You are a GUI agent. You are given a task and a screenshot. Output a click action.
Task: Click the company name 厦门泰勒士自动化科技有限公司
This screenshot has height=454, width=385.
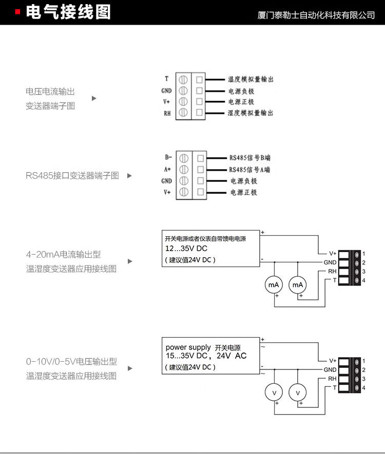pyautogui.click(x=316, y=15)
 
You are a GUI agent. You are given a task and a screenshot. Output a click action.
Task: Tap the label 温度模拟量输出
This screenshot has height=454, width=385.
pyautogui.click(x=251, y=79)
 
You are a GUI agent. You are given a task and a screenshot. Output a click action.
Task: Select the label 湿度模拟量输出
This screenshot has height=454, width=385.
pyautogui.click(x=251, y=113)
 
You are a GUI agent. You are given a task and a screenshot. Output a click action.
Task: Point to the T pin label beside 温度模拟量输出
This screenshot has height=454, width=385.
pyautogui.click(x=166, y=79)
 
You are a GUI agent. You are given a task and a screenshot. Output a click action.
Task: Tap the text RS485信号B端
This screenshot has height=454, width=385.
pyautogui.click(x=249, y=158)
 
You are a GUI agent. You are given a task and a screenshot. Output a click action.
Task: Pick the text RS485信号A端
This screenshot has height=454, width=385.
pyautogui.click(x=249, y=170)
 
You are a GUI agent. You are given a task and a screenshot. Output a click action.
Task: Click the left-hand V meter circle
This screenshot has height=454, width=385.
pyautogui.click(x=274, y=393)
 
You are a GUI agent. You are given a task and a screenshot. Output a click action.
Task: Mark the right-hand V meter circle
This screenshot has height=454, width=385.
pyautogui.click(x=298, y=393)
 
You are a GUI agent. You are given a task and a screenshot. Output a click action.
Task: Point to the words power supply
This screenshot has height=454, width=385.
pyautogui.click(x=188, y=347)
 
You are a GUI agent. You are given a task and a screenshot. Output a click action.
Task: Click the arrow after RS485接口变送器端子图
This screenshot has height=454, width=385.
pyautogui.click(x=129, y=176)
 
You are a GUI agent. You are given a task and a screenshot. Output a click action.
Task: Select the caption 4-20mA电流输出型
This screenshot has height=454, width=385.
pyautogui.click(x=64, y=254)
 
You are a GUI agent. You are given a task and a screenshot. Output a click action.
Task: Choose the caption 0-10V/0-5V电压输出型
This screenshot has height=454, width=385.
pyautogui.click(x=71, y=362)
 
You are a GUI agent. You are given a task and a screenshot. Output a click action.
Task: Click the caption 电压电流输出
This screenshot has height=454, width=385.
pyautogui.click(x=50, y=92)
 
